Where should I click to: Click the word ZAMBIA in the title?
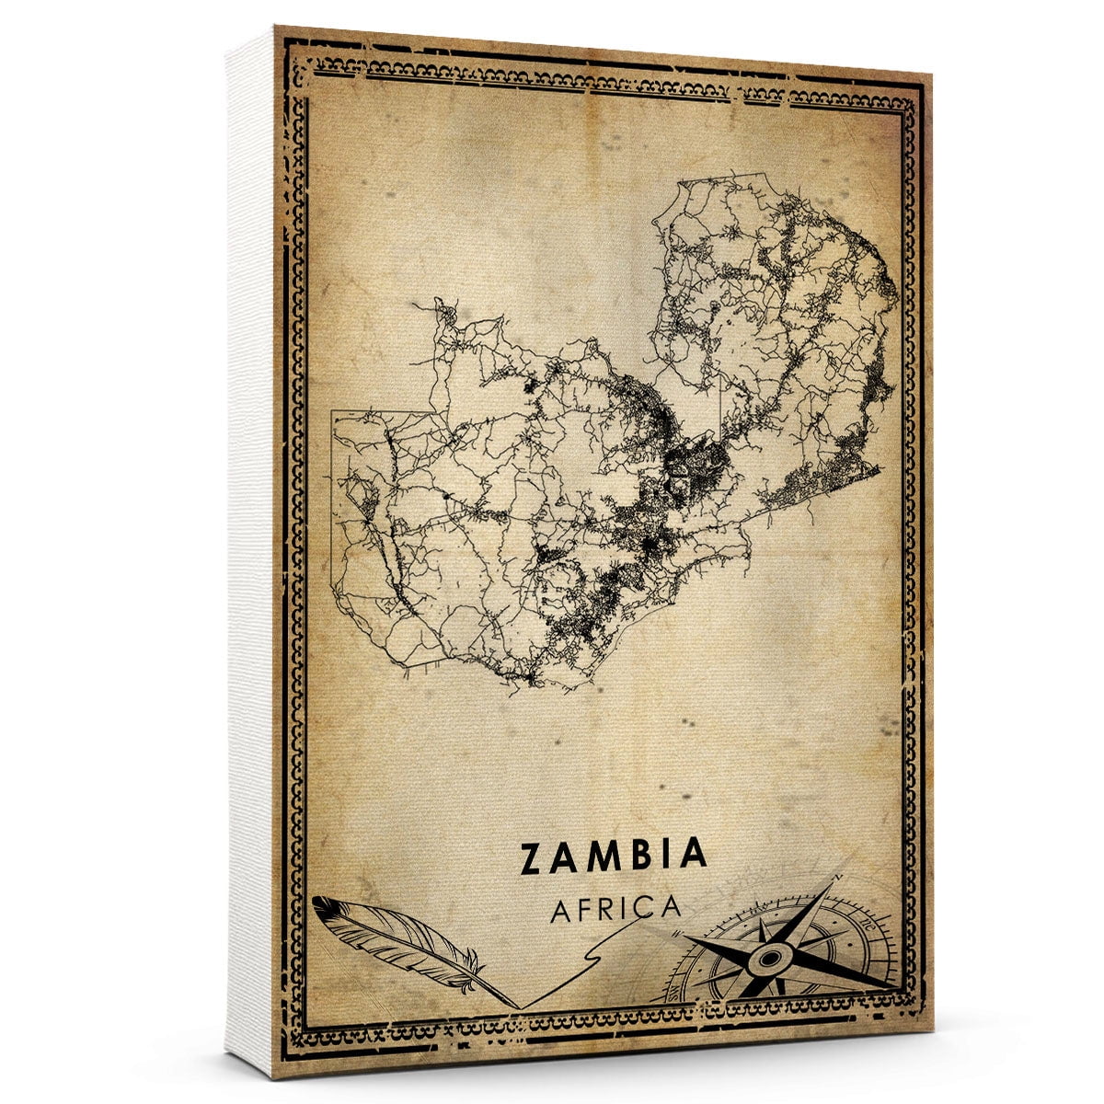pos(614,856)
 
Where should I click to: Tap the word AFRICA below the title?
pos(616,909)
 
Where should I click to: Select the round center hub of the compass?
pos(766,960)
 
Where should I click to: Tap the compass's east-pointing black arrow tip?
pos(897,988)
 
